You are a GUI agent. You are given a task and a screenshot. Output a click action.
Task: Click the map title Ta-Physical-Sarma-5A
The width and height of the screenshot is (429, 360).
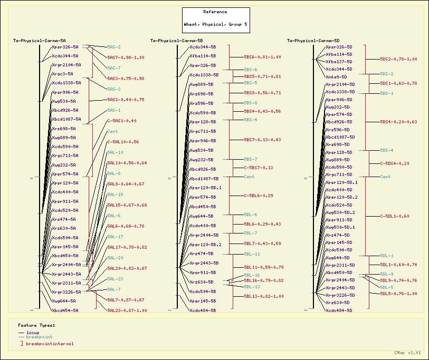[40, 41]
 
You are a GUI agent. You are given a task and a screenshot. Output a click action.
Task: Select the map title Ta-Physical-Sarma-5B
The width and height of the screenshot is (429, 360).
[177, 41]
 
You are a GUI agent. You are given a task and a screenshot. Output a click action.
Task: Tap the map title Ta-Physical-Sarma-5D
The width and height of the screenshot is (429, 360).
[313, 41]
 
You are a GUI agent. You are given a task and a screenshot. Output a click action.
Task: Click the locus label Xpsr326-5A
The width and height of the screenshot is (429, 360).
[65, 47]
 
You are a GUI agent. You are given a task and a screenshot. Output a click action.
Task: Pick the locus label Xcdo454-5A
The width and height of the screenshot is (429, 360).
[65, 310]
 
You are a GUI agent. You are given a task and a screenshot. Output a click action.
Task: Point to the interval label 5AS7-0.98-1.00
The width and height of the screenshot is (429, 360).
[126, 57]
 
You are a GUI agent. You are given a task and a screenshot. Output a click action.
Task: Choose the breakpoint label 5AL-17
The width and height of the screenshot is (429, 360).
[115, 237]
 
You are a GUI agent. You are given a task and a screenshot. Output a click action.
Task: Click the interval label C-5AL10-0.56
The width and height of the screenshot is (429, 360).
[123, 142]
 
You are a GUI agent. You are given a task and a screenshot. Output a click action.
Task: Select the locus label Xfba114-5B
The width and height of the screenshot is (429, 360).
[203, 55]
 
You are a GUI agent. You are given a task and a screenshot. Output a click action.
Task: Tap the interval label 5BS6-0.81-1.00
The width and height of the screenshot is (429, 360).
[262, 57]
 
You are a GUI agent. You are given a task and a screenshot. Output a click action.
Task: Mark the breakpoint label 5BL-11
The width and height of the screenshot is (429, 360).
[252, 254]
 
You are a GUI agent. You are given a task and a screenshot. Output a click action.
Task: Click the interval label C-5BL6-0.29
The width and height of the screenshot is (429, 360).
[259, 196]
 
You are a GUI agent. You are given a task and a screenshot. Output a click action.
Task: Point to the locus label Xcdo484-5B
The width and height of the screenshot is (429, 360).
[203, 310]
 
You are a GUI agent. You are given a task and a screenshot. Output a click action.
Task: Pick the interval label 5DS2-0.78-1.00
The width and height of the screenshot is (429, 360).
[399, 60]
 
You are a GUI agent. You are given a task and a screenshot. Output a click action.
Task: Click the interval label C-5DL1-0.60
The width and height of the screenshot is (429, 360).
[395, 216]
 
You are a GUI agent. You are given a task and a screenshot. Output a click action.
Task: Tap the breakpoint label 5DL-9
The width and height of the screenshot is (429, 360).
[387, 274]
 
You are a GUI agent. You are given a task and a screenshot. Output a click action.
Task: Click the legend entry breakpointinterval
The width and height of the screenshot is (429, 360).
[50, 344]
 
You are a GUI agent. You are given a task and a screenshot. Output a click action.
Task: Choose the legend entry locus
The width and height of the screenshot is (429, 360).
[33, 333]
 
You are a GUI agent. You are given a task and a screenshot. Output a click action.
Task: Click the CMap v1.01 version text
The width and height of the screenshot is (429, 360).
[407, 353]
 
